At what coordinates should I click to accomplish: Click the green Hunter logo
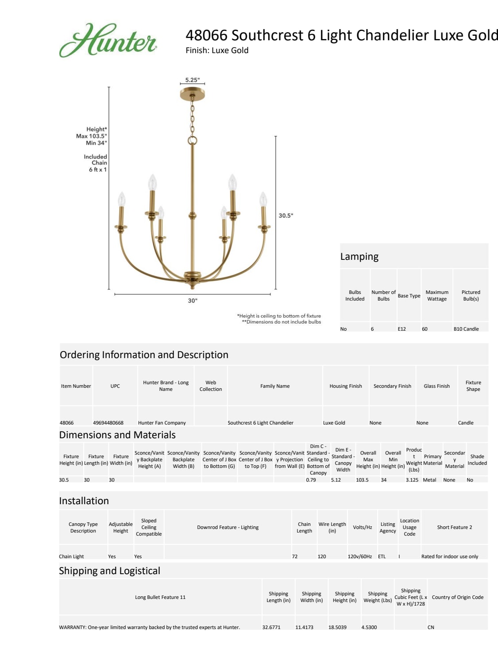pos(108,40)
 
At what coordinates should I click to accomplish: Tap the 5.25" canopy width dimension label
pos(192,80)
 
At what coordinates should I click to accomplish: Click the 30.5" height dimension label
pos(286,216)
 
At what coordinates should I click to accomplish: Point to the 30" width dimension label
pos(193,301)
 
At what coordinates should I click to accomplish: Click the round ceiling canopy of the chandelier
pos(192,94)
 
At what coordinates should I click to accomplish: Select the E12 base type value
pos(401,329)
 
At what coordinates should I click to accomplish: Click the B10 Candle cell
pos(466,329)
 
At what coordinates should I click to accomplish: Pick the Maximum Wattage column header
pos(437,295)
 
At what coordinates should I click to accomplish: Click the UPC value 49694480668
pos(108,423)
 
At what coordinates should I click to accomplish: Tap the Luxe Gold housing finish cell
pos(334,423)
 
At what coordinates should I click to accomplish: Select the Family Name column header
pos(275,386)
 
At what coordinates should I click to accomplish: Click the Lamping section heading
pos(359,257)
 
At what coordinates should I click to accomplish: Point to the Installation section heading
pos(84,501)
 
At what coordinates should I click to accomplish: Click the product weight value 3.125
pos(412,480)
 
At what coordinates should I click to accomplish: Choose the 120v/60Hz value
pos(359,556)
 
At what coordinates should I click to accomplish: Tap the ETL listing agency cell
pos(382,556)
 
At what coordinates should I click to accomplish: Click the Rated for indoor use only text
pos(449,556)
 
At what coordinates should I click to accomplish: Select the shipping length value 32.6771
pos(271,627)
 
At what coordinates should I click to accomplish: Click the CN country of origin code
pos(431,627)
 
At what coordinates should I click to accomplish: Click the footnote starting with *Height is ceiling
pos(279,316)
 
